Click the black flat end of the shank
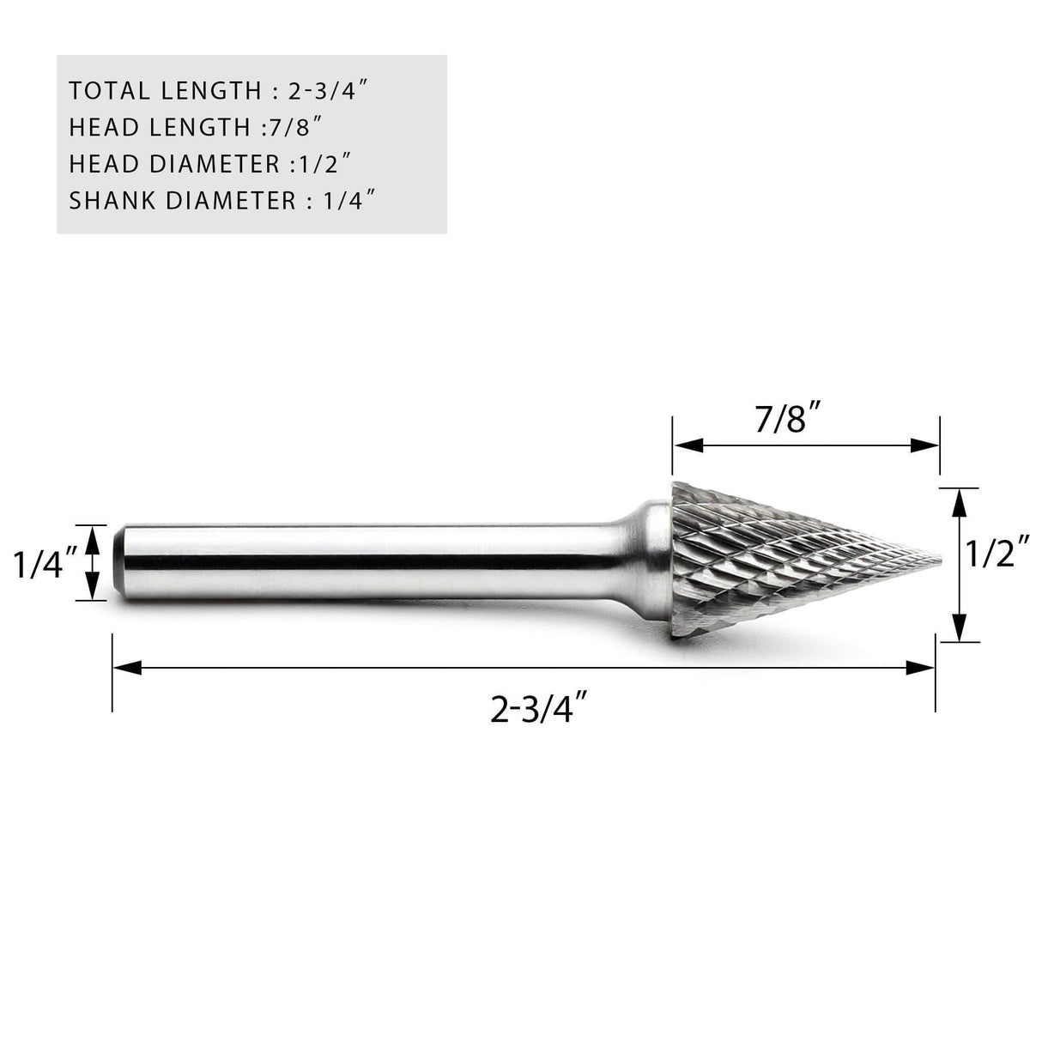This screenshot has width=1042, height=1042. [x=115, y=563]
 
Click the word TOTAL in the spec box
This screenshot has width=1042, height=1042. [x=107, y=90]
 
